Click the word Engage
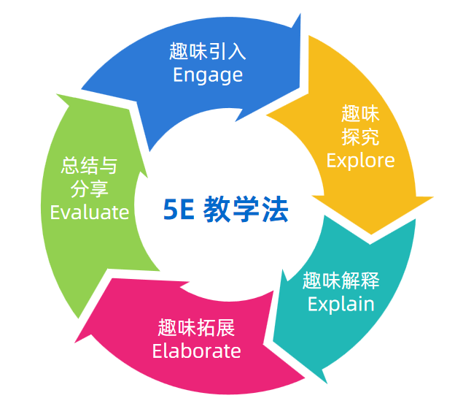pyautogui.click(x=208, y=74)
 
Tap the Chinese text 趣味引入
pyautogui.click(x=208, y=51)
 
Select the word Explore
pyautogui.click(x=360, y=160)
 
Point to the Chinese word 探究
pyautogui.click(x=360, y=137)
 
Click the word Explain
pyautogui.click(x=341, y=303)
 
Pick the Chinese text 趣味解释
pyautogui.click(x=341, y=280)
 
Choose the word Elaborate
pyautogui.click(x=196, y=351)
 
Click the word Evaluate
pyautogui.click(x=89, y=212)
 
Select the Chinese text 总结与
pyautogui.click(x=89, y=165)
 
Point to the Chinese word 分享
pyautogui.click(x=89, y=188)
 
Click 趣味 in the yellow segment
pyautogui.click(x=360, y=113)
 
